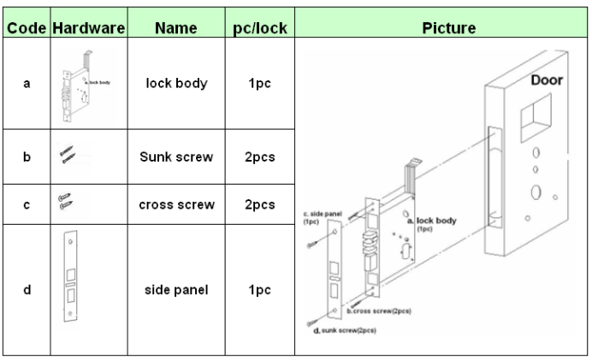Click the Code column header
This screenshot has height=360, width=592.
(27, 28)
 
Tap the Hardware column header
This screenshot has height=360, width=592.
(88, 28)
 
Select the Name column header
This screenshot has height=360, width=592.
(176, 28)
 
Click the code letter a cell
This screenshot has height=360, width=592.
(27, 86)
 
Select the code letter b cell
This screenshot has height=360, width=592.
(27, 157)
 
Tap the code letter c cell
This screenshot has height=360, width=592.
(27, 204)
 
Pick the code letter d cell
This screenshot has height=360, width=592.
(27, 289)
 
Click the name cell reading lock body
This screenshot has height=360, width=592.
(176, 86)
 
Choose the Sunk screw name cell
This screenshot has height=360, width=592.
(176, 157)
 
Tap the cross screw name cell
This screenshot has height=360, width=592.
(176, 204)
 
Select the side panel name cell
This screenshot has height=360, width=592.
(176, 289)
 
